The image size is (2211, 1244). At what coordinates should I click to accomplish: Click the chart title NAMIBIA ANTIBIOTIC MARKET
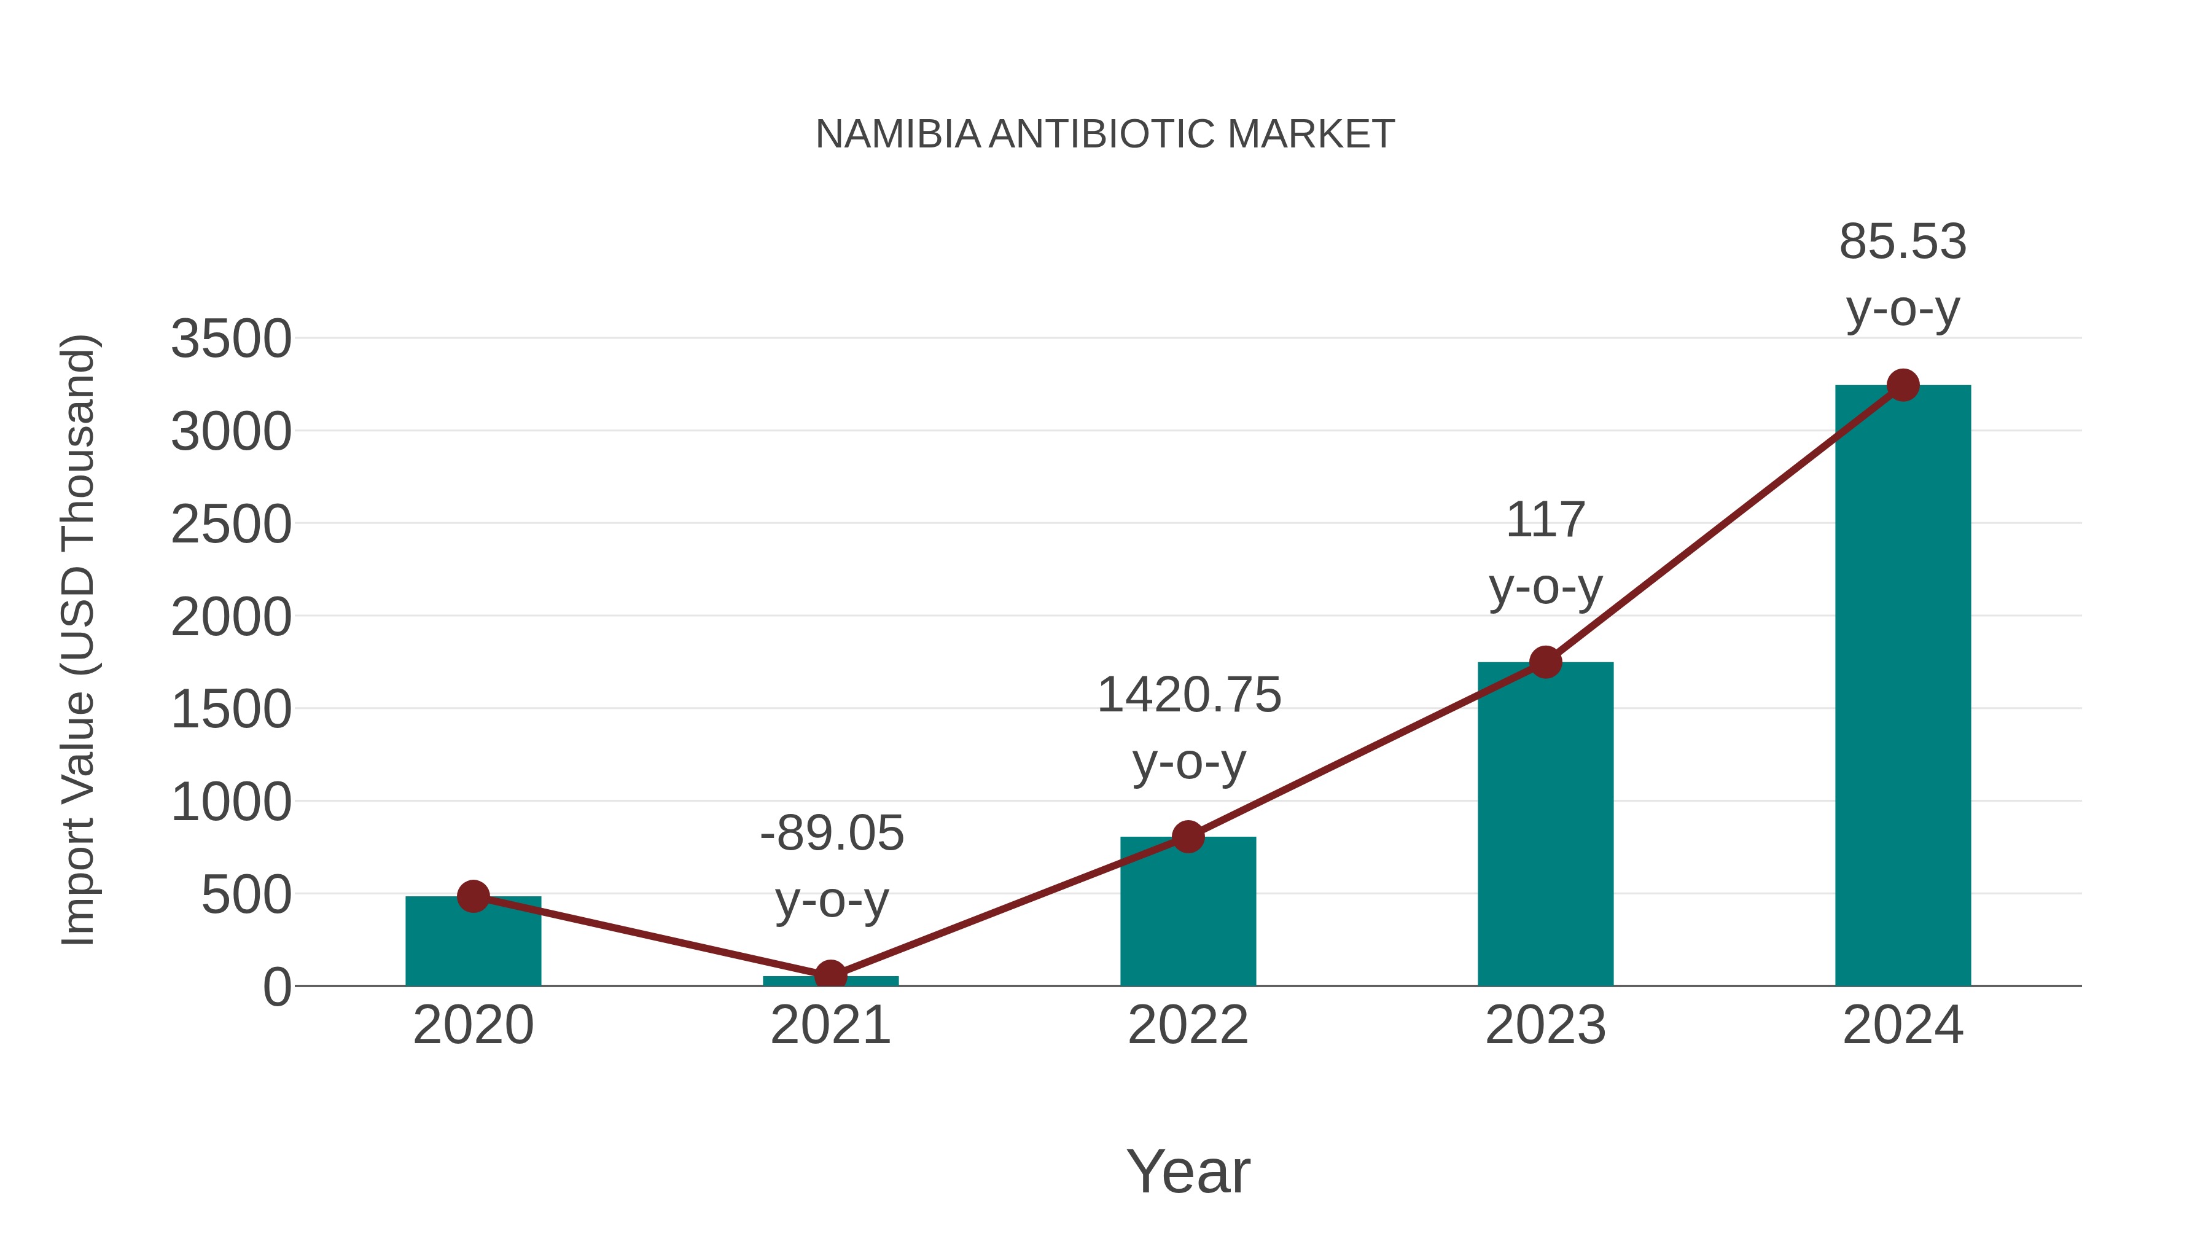point(1105,134)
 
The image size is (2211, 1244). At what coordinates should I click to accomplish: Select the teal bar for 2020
point(473,942)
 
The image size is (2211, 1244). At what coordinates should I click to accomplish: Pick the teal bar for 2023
point(1545,824)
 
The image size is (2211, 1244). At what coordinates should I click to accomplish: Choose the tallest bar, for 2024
point(1903,687)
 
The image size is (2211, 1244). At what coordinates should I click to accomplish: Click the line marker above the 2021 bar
point(830,976)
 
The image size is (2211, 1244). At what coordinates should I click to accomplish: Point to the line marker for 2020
point(473,896)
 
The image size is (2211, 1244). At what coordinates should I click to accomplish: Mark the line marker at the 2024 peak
point(1903,385)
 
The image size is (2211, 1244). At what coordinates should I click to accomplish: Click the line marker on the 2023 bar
point(1545,662)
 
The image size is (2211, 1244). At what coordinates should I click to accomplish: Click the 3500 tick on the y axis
point(231,339)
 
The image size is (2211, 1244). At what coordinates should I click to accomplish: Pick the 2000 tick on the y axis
point(231,617)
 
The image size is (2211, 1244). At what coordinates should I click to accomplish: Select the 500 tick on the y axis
point(246,896)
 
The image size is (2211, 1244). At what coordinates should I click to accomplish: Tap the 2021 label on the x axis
point(830,1025)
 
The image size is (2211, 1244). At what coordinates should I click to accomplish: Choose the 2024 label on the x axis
point(1903,1025)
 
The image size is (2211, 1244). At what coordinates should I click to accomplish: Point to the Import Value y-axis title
point(77,640)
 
